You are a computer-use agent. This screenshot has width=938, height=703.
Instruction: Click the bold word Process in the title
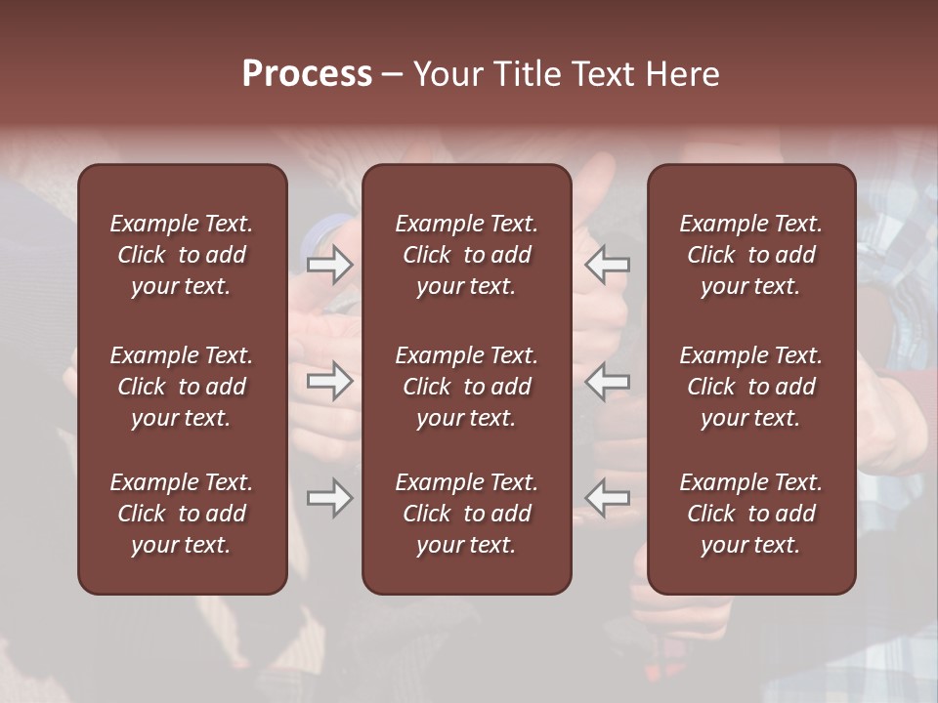pyautogui.click(x=307, y=74)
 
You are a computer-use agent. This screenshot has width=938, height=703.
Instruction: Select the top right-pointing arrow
pyautogui.click(x=330, y=265)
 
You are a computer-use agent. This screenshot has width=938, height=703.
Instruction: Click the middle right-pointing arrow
pyautogui.click(x=330, y=382)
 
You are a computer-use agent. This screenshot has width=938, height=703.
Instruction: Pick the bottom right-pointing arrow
pyautogui.click(x=330, y=498)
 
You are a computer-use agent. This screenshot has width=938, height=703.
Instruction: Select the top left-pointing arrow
pyautogui.click(x=608, y=265)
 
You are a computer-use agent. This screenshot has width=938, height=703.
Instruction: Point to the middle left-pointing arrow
pyautogui.click(x=608, y=382)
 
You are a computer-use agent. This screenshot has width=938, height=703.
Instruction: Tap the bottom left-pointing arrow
pyautogui.click(x=608, y=498)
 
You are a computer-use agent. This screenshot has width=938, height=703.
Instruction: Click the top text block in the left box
pyautogui.click(x=182, y=255)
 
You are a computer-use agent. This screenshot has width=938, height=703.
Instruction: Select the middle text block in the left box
pyautogui.click(x=182, y=387)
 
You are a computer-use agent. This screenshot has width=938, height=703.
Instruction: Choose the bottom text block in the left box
pyautogui.click(x=182, y=514)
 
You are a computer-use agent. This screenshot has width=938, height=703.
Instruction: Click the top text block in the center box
pyautogui.click(x=467, y=255)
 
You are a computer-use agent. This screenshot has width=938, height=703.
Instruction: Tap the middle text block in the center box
pyautogui.click(x=467, y=387)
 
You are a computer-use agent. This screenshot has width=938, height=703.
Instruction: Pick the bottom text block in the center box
pyautogui.click(x=467, y=514)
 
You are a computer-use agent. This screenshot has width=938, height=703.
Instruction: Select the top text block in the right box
pyautogui.click(x=751, y=255)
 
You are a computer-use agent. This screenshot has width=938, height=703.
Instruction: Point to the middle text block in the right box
pyautogui.click(x=751, y=387)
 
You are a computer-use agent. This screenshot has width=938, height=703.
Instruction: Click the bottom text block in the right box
pyautogui.click(x=751, y=514)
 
